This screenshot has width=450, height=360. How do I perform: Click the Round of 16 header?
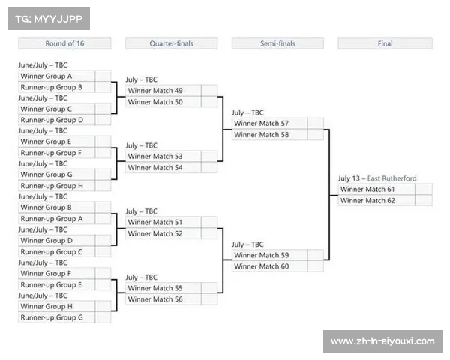pos(64,43)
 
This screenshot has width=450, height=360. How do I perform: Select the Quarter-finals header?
pos(171,43)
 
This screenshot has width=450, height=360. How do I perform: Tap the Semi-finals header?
pos(277,43)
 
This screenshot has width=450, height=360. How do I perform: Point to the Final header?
pos(385,43)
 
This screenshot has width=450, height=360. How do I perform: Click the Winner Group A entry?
pos(56,76)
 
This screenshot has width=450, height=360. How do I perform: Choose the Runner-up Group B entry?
pos(56,87)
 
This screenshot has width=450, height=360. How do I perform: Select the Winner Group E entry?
pos(56,142)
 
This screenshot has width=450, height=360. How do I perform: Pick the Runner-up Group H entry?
pos(56,186)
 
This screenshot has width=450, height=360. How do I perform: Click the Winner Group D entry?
pos(56,241)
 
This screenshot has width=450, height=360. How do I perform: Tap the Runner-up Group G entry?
pos(56,317)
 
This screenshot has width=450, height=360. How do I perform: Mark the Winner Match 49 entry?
pos(163,91)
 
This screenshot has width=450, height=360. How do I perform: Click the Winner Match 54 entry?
pos(163,168)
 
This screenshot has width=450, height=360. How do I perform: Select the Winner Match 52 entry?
pos(163,234)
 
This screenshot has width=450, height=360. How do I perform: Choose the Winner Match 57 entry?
pos(269,124)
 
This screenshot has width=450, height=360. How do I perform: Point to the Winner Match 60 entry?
pos(269,266)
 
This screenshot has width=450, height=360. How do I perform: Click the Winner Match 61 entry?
pos(376,190)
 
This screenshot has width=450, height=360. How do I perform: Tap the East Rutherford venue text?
pos(391,178)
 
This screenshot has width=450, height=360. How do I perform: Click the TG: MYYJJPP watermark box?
pos(49,19)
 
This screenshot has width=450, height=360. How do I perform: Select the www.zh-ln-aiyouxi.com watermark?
pos(382,341)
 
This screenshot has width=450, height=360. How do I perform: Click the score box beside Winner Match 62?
pos(424,201)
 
